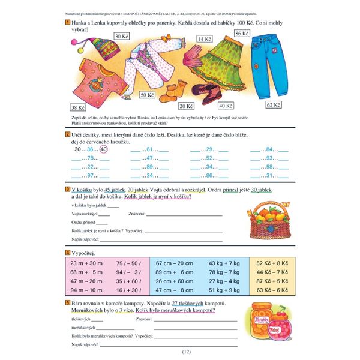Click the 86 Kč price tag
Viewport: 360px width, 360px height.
(x=242, y=34)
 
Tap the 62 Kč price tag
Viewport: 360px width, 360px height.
(x=274, y=105)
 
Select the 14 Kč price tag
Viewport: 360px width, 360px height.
(x=204, y=39)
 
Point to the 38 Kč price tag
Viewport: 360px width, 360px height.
(x=78, y=107)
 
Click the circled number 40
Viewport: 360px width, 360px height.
(x=104, y=149)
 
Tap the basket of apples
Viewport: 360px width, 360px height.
(x=269, y=219)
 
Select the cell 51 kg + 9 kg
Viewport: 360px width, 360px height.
(x=224, y=290)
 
